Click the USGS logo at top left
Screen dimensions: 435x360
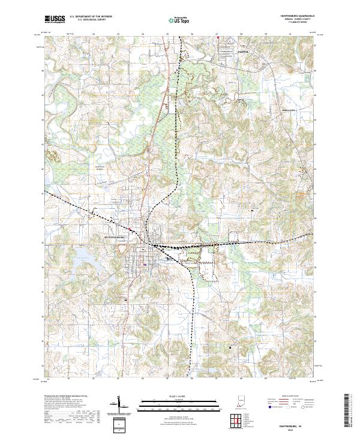coord(55,19)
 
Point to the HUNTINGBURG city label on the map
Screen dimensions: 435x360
coord(114,237)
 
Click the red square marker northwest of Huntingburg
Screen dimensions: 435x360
coord(130,227)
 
